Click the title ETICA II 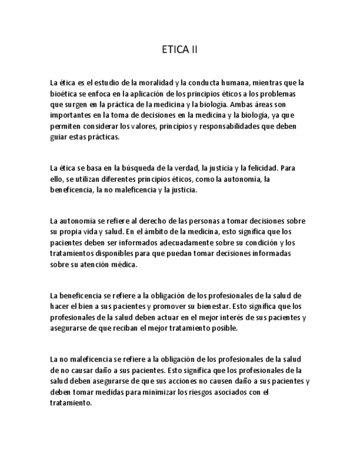pyautogui.click(x=180, y=50)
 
